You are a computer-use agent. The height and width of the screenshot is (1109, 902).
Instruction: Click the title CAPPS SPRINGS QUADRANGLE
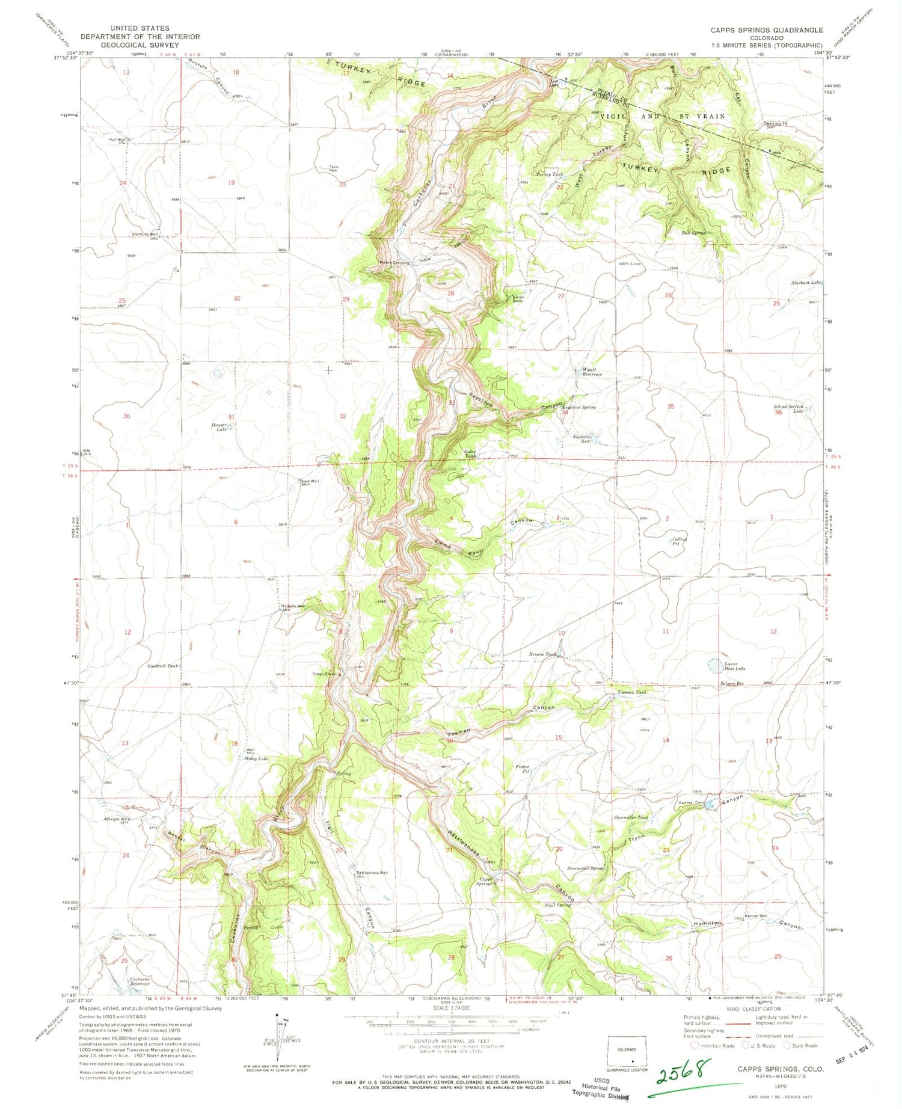click(x=766, y=29)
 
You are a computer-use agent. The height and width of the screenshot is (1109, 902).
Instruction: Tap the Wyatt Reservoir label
click(x=592, y=372)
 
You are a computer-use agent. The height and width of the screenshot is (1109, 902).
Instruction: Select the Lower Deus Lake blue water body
click(x=714, y=665)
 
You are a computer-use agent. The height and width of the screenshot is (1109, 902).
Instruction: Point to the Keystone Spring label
click(x=580, y=407)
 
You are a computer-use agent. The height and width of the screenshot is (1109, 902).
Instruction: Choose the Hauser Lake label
click(x=219, y=427)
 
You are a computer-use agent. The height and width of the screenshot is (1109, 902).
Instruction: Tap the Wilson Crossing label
click(x=394, y=263)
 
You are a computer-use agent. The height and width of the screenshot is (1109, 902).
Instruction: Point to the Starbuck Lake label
click(x=806, y=283)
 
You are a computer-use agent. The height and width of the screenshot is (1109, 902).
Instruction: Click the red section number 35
click(x=670, y=407)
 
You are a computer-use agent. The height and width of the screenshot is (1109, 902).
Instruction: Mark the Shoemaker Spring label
click(x=584, y=868)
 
